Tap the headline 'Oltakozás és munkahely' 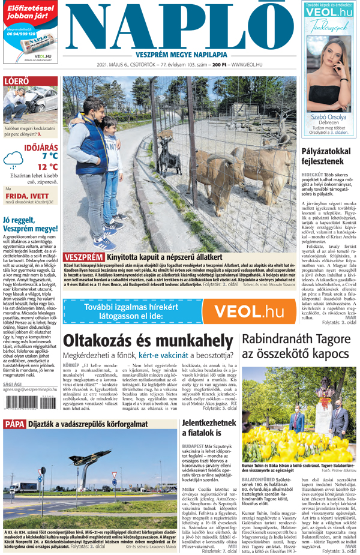[x=148, y=340]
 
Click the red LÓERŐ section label [x=16, y=81]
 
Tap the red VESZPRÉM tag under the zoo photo [x=83, y=258]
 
